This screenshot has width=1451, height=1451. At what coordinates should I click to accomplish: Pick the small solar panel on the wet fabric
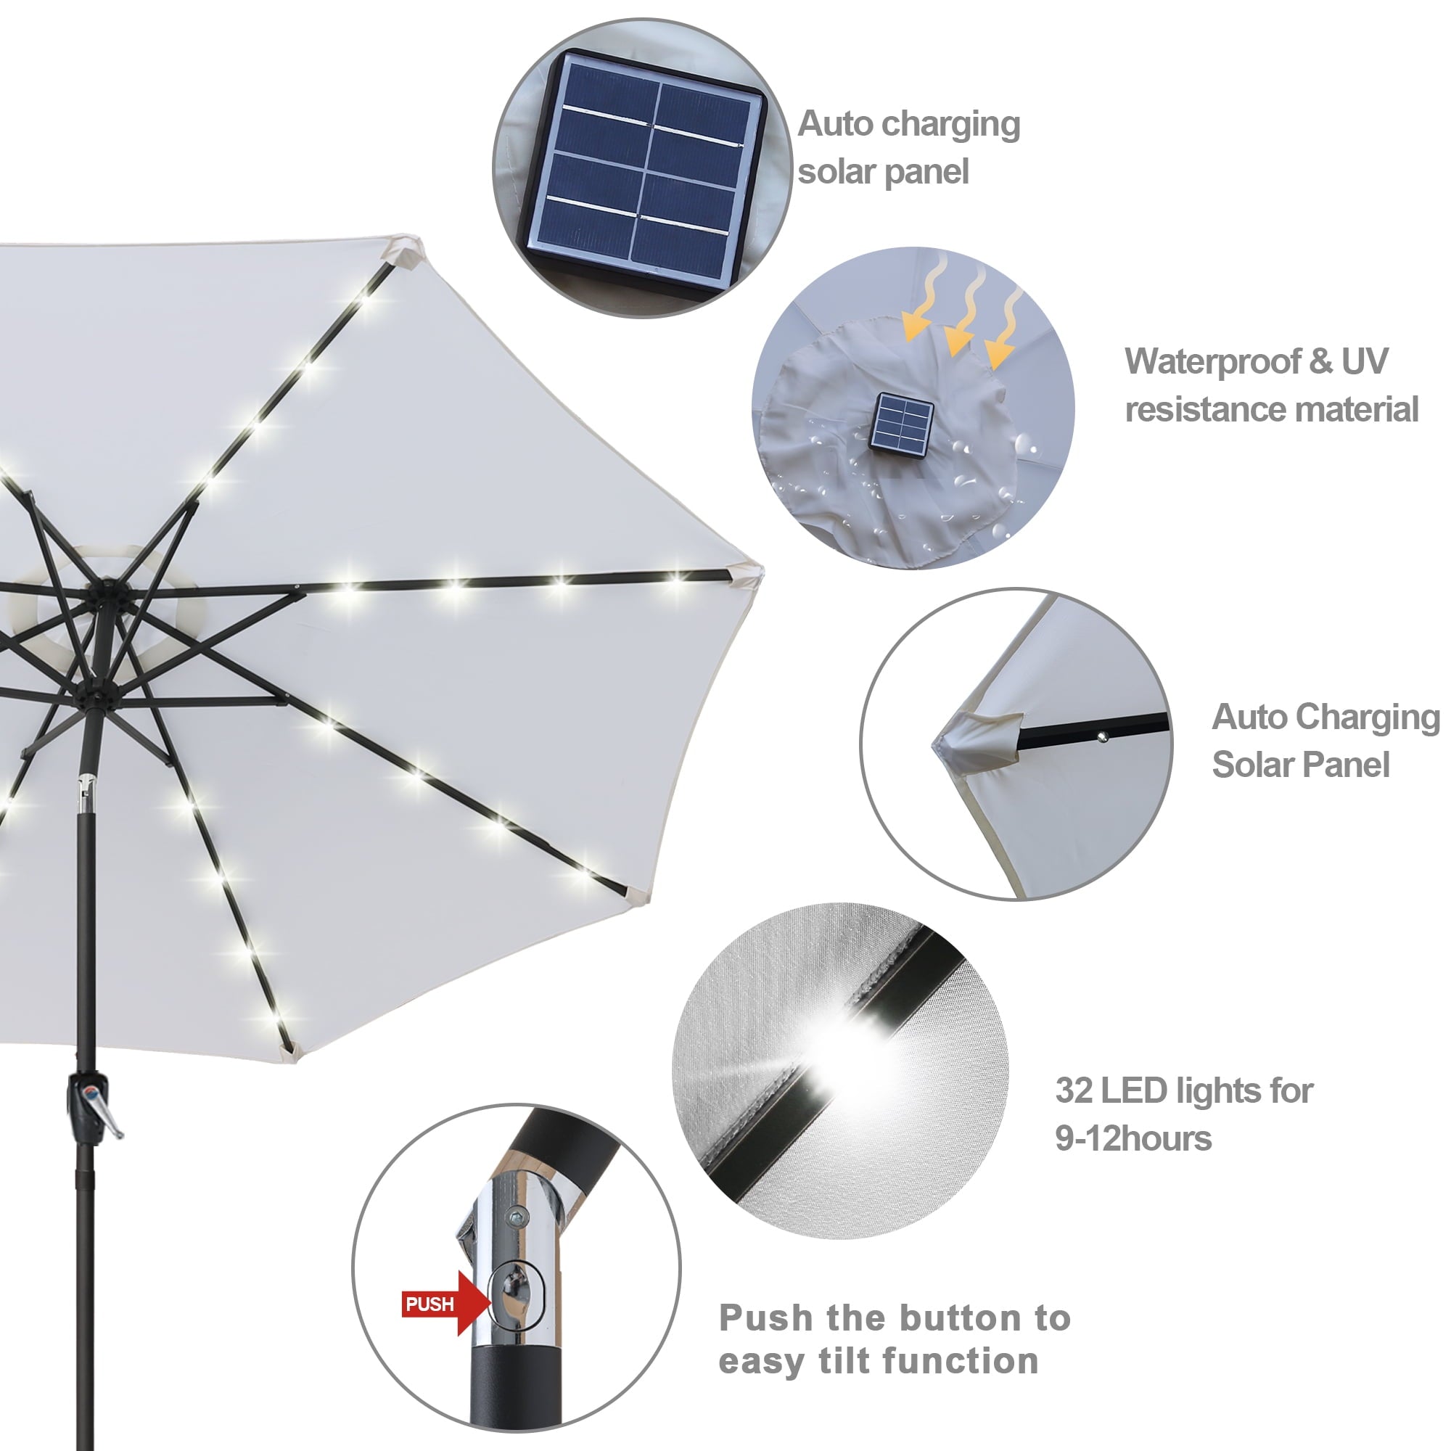[x=901, y=424]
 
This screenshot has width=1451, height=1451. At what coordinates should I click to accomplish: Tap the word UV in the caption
[x=1364, y=361]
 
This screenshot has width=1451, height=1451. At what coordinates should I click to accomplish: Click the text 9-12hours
[x=1133, y=1138]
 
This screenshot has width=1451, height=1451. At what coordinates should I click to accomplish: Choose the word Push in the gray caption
[x=765, y=1318]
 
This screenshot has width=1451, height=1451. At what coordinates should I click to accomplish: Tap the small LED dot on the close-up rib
[x=1102, y=737]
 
